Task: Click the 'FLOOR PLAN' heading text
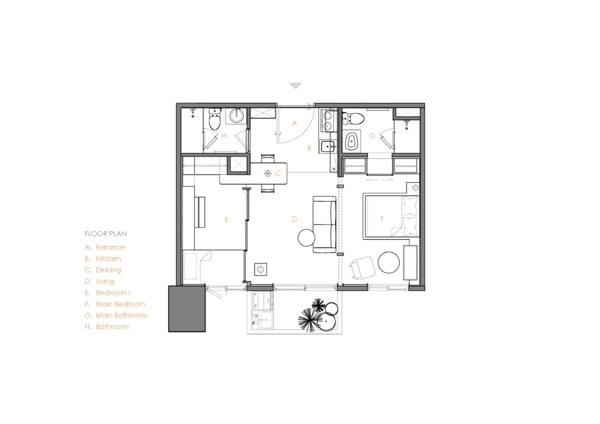click(x=106, y=233)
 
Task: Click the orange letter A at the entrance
click(x=294, y=123)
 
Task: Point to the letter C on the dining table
click(x=278, y=173)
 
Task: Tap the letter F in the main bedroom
click(x=382, y=219)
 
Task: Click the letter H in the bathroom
click(x=224, y=136)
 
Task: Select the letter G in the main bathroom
click(x=372, y=136)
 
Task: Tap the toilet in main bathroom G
click(x=353, y=118)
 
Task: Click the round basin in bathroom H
click(x=236, y=115)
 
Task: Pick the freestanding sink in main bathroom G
click(x=351, y=140)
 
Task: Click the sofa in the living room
click(x=324, y=224)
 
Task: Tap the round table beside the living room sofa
click(x=306, y=238)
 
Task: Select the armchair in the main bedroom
click(x=361, y=268)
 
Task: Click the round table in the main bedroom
click(x=388, y=262)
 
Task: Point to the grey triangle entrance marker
click(x=295, y=85)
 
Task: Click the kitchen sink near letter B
click(x=327, y=146)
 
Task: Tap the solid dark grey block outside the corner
click(x=187, y=309)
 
